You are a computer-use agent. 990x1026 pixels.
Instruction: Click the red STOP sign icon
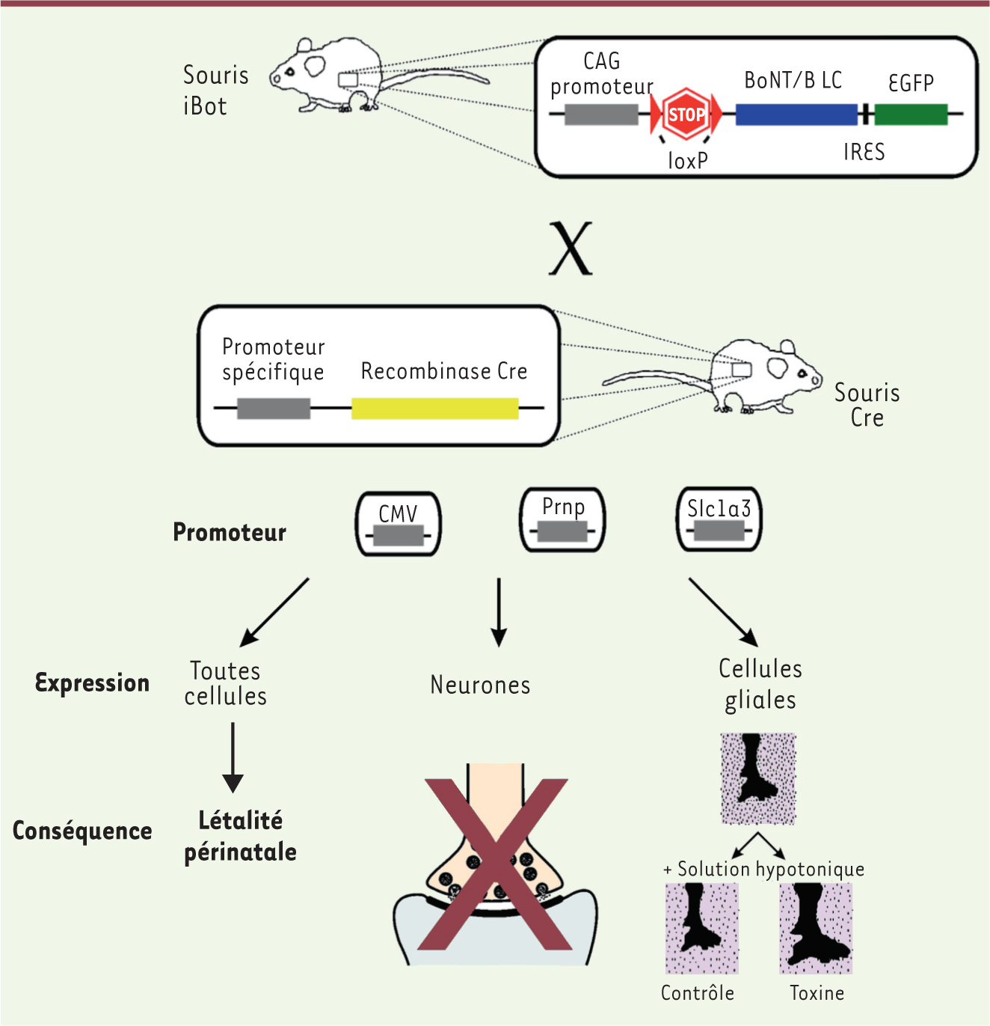coord(686,114)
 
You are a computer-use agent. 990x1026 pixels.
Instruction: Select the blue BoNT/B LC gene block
coord(796,114)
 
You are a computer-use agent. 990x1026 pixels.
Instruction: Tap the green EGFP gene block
coord(911,114)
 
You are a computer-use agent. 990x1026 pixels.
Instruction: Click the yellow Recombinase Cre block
coord(434,409)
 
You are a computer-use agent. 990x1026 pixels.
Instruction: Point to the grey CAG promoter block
coord(601,114)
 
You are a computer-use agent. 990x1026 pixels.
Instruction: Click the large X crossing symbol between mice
coord(571,249)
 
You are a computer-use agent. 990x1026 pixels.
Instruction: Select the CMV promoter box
coord(398,524)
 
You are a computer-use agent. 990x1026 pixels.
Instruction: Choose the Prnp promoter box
coord(562,519)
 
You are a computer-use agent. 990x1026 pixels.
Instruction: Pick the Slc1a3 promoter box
coord(719,519)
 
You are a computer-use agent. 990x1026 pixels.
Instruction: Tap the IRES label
coord(864,153)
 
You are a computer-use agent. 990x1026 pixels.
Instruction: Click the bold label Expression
coord(93,683)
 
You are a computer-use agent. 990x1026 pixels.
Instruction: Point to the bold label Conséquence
coord(82,831)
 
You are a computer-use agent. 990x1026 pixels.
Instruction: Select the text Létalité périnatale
coord(240,836)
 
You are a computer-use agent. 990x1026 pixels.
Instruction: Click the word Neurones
coord(480,685)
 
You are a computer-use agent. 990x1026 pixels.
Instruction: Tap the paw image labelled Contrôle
coord(701,928)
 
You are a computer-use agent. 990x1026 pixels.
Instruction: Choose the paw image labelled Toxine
coord(816,928)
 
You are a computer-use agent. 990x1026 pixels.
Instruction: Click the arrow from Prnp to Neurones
coord(499,611)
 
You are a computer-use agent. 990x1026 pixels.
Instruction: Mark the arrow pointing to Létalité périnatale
coord(233,756)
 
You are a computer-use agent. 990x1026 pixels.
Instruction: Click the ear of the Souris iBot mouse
coord(315,65)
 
